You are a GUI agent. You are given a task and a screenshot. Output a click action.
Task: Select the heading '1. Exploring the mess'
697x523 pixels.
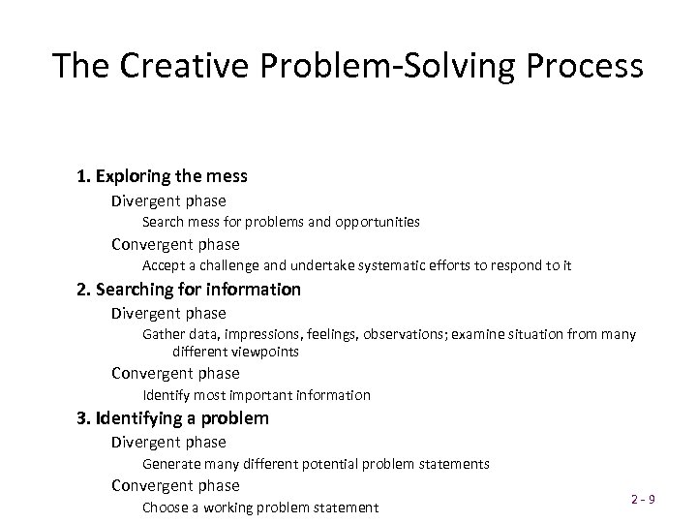(x=163, y=176)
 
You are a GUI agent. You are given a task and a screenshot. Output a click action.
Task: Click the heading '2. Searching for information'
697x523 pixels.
(x=189, y=289)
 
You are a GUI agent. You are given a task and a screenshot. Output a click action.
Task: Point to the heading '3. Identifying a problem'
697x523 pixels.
(x=173, y=418)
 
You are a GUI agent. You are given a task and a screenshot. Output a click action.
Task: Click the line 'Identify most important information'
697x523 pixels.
(x=257, y=395)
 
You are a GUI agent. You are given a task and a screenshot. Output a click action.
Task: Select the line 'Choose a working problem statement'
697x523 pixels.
(x=260, y=508)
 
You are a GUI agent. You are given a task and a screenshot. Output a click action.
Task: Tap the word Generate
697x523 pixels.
(x=172, y=464)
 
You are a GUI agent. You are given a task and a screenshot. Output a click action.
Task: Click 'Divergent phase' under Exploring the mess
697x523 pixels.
(x=168, y=200)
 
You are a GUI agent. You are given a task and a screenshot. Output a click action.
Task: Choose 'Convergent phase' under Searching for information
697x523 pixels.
(x=175, y=373)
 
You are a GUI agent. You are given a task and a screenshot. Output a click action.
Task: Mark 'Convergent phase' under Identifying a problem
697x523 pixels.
(x=175, y=485)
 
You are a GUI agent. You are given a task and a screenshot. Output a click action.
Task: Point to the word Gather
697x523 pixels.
(x=163, y=334)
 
